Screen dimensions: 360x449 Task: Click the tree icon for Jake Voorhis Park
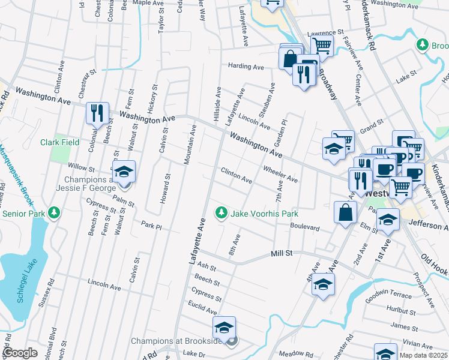tap(221, 212)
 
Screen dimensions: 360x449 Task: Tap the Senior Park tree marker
tap(54, 213)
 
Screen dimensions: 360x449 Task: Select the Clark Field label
tap(60, 142)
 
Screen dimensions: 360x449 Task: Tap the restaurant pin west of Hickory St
tap(96, 113)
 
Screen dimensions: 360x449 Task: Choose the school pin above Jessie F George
tap(124, 172)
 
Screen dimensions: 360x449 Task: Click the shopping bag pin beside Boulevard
tap(345, 212)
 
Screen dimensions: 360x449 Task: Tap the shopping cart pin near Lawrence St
tap(322, 45)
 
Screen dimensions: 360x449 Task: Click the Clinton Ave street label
tap(237, 176)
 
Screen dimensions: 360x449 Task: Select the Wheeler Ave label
tap(280, 175)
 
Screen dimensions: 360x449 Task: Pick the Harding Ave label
tap(246, 67)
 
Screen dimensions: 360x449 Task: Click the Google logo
tap(20, 353)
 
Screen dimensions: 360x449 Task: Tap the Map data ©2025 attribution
tap(424, 355)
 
